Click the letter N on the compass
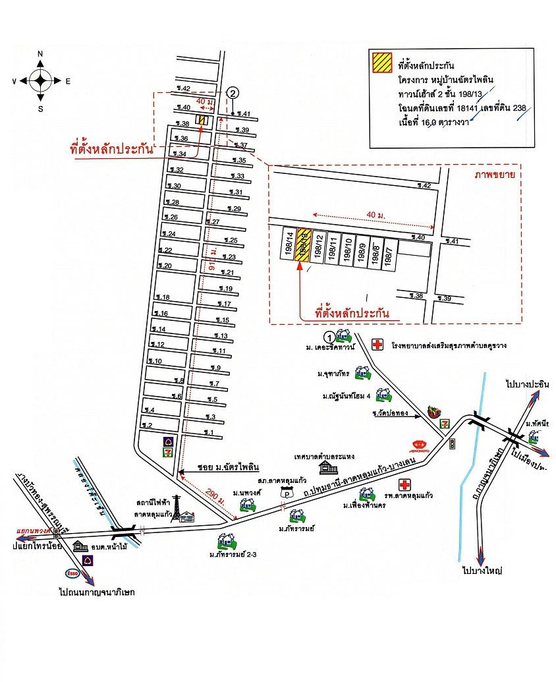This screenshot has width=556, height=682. [x=40, y=54]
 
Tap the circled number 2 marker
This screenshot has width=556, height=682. [x=233, y=93]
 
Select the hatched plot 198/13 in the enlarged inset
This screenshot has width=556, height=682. [x=304, y=246]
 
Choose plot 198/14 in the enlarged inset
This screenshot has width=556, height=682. [x=288, y=244]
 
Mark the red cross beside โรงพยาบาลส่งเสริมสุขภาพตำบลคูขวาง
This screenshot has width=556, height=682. [x=377, y=345]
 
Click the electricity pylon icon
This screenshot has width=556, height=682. [x=177, y=507]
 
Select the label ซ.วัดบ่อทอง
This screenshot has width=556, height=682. [x=390, y=414]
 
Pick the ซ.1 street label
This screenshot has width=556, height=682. [x=209, y=433]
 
